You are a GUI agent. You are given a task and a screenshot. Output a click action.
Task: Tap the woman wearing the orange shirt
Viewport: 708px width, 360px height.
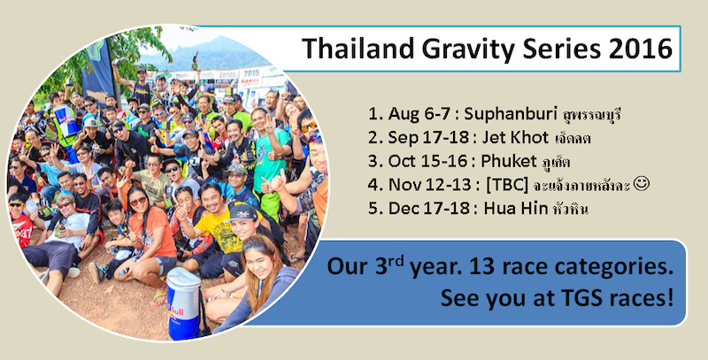(145, 230)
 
